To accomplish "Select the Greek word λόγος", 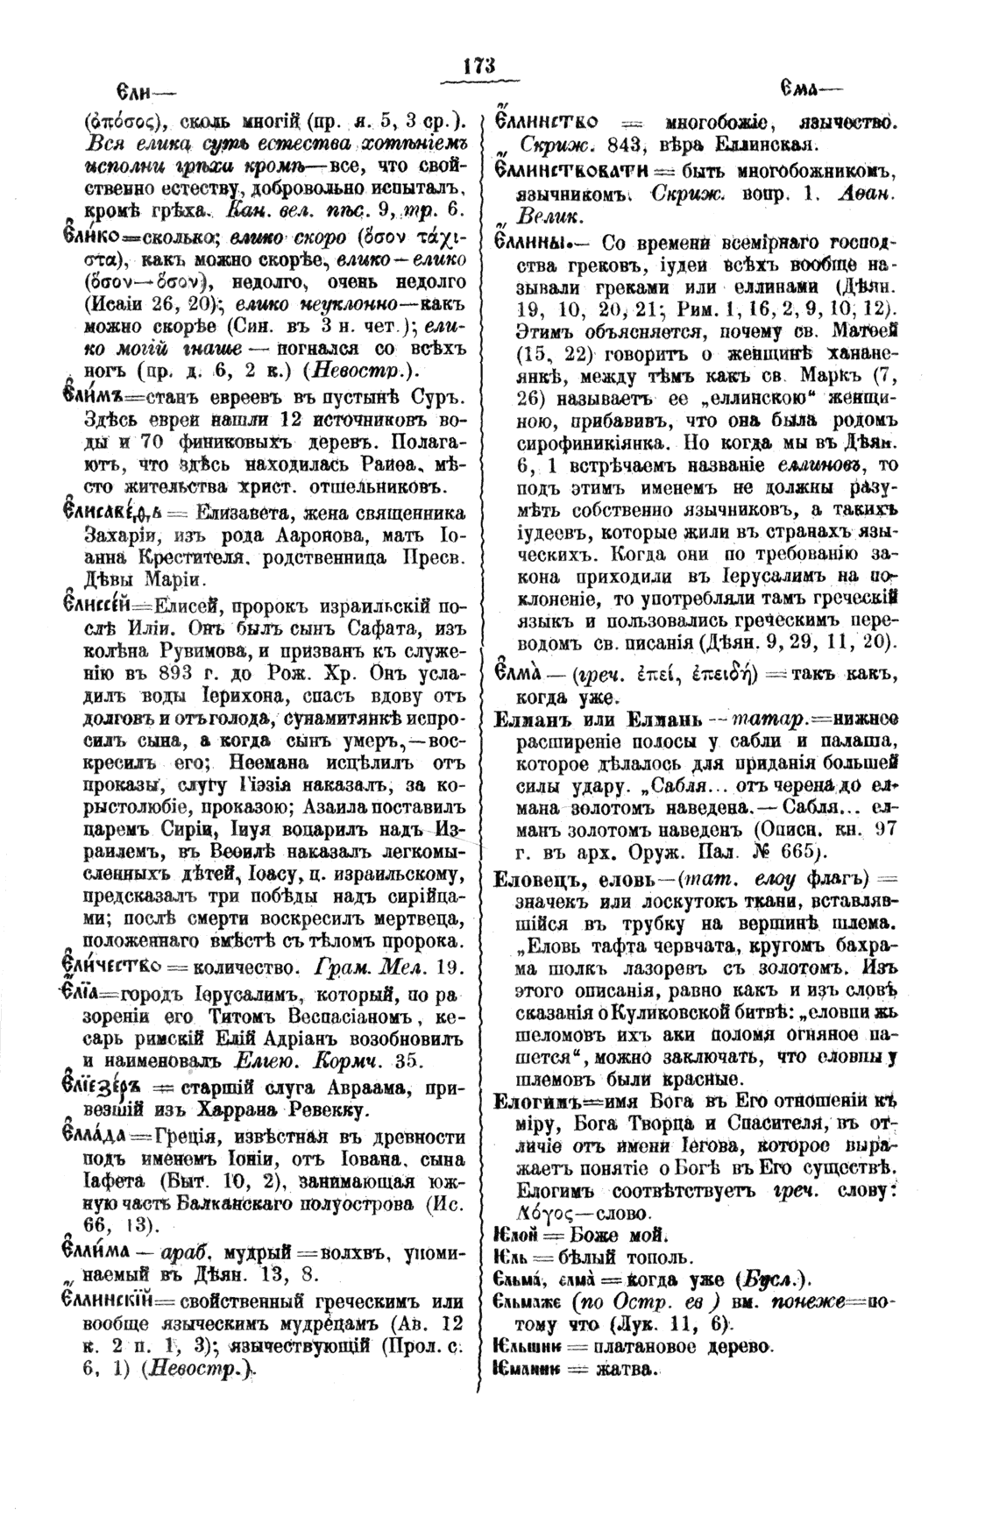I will click(543, 1215).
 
